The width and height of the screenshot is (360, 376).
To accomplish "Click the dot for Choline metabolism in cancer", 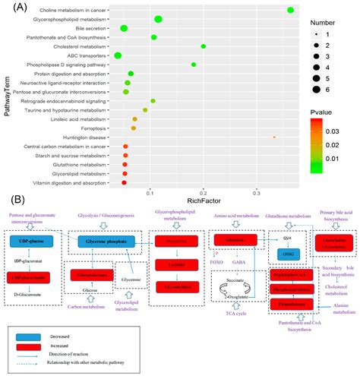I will click(x=291, y=9).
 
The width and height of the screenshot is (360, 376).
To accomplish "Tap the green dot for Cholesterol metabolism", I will click(x=204, y=46).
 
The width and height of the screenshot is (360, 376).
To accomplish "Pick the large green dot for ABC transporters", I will click(x=118, y=55).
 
